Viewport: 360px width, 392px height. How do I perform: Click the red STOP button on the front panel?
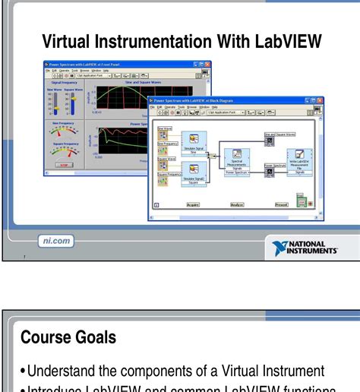coord(65,164)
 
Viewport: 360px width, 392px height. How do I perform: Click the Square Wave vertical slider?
coord(70,102)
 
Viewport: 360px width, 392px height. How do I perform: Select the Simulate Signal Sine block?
coord(194,141)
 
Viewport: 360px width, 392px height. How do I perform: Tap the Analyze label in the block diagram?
coord(237,204)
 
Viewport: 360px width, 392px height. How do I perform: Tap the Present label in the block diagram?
coord(281,204)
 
